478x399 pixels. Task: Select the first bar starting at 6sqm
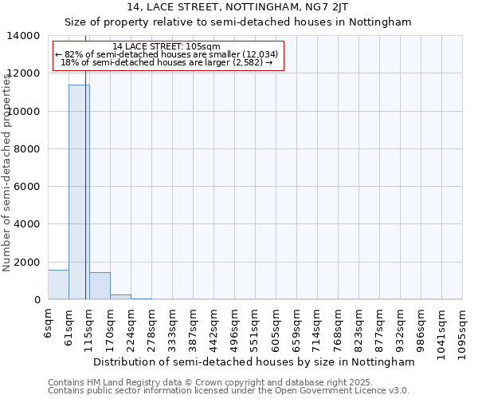click(x=58, y=285)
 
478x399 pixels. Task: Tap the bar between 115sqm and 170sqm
click(x=100, y=286)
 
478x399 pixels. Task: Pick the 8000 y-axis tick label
click(x=27, y=149)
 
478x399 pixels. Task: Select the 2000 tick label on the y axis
click(x=27, y=263)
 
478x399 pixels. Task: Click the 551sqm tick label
click(x=256, y=326)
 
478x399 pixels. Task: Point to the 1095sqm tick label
click(x=463, y=329)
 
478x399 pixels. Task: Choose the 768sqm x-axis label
click(x=339, y=326)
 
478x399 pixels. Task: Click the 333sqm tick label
click(x=173, y=326)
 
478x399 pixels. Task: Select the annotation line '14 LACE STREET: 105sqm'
click(x=167, y=47)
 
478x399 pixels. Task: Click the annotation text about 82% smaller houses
click(x=167, y=54)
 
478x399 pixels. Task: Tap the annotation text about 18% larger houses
click(x=167, y=62)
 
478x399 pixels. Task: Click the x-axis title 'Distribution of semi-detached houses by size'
click(x=254, y=361)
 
